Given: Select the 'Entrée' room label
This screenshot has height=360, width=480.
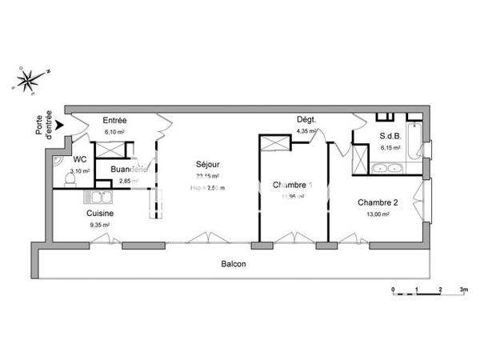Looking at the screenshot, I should pyautogui.click(x=115, y=121).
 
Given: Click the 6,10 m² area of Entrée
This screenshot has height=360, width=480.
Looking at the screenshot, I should pyautogui.click(x=115, y=132).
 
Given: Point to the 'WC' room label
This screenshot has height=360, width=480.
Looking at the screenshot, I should pyautogui.click(x=79, y=159).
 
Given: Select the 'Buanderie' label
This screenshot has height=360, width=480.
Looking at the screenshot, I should pyautogui.click(x=129, y=170).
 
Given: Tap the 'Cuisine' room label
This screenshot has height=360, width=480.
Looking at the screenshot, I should pyautogui.click(x=100, y=214).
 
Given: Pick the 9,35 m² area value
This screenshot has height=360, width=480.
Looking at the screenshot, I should pyautogui.click(x=100, y=226).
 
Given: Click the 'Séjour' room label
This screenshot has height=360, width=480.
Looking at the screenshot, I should pyautogui.click(x=206, y=165).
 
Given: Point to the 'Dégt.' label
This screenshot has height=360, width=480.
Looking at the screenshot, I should pyautogui.click(x=306, y=120).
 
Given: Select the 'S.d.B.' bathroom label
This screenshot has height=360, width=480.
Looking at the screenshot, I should pyautogui.click(x=390, y=136).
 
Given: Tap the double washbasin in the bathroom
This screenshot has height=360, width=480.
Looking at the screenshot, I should pyautogui.click(x=387, y=169).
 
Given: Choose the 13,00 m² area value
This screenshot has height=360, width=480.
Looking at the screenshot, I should pyautogui.click(x=377, y=214).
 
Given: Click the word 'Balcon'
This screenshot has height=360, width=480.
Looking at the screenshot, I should pyautogui.click(x=234, y=265).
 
